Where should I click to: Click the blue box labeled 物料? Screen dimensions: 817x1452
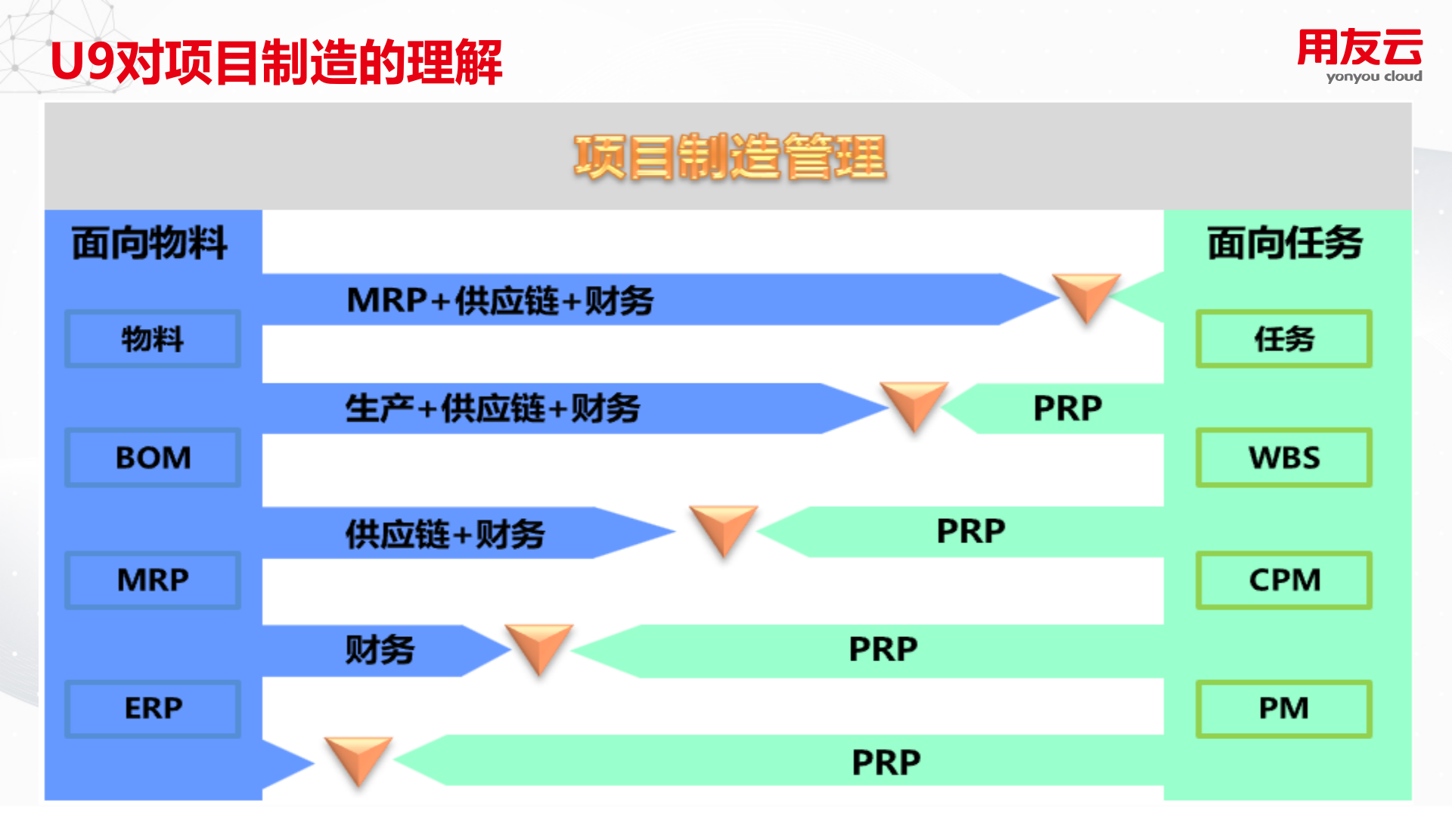coord(153,339)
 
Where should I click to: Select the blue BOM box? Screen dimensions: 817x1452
coord(153,458)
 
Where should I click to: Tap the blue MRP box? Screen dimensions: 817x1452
coord(153,580)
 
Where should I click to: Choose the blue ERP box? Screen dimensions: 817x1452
coord(153,709)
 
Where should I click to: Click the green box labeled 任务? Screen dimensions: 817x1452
coord(1284,339)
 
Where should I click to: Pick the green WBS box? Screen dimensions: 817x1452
coord(1284,458)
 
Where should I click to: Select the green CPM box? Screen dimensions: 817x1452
coord(1284,580)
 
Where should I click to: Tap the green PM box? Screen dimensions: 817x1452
coord(1284,709)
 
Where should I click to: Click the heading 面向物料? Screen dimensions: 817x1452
coord(150,244)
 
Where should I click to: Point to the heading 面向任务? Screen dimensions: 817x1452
coord(1285,244)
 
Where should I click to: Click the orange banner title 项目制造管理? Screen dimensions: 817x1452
coord(730,157)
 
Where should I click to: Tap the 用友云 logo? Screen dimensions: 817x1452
coord(1360,54)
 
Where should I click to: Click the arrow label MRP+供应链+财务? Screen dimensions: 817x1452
coord(500,300)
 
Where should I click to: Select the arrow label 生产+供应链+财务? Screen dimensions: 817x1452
coord(492,408)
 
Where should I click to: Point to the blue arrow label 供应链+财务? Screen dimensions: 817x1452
coord(445,533)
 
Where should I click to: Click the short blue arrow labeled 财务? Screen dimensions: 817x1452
coord(380,650)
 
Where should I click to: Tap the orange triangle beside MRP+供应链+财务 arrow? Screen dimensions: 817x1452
coord(1086,295)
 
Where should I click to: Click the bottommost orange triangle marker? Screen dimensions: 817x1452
coord(358,759)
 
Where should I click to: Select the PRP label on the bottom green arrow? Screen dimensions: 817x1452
coord(886,763)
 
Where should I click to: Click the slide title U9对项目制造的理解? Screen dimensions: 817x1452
coord(277,62)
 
